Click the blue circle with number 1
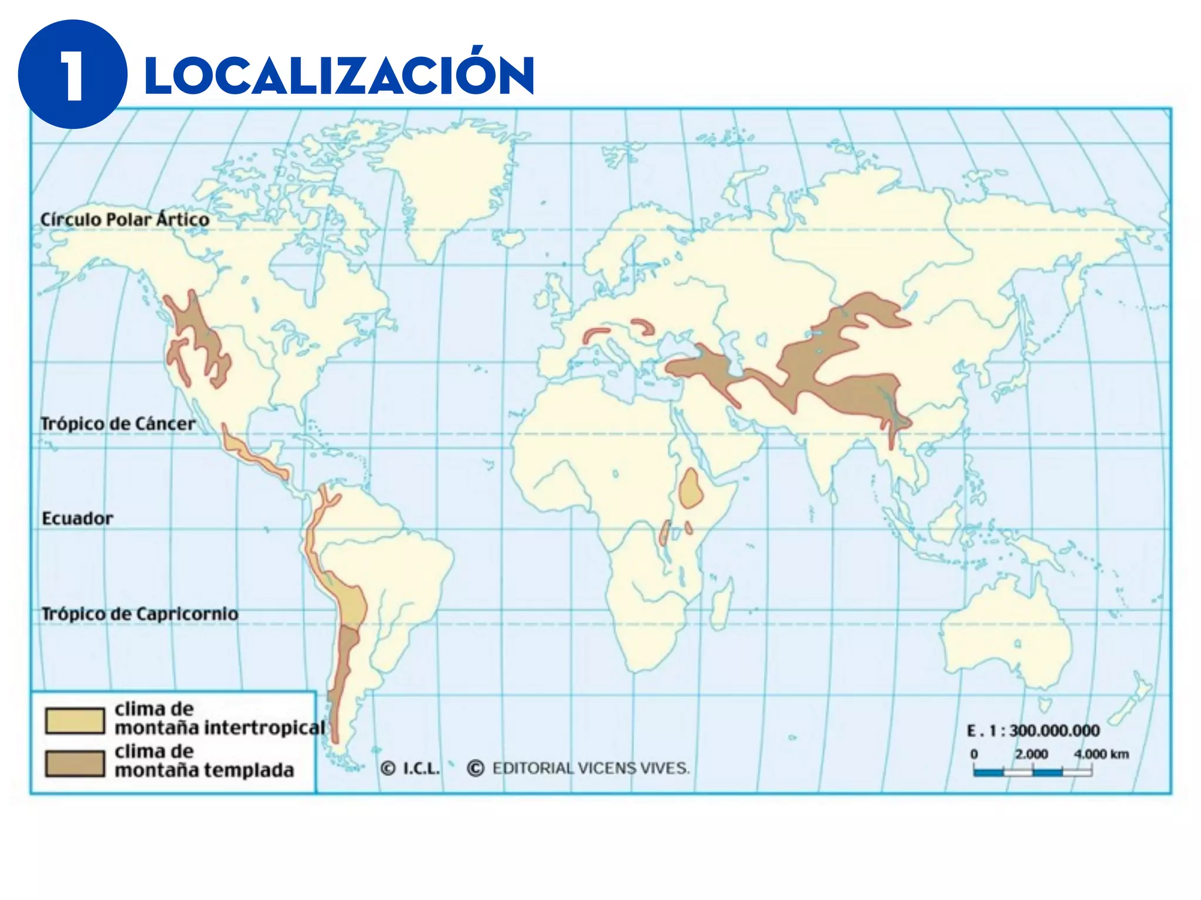coord(72,74)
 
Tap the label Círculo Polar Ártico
coord(124,220)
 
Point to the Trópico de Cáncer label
coord(117,424)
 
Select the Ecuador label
coord(77,519)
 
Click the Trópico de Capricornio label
coord(140,614)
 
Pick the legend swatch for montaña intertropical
coord(74,721)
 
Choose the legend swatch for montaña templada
coord(74,763)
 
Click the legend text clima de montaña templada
coord(203,761)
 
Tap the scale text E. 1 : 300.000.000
coord(1033,731)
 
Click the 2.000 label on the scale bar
coord(1032,754)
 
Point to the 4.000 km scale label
coord(1101,754)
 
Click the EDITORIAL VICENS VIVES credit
coord(591,768)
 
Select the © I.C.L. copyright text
coord(410,768)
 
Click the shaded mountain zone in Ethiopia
coord(691,489)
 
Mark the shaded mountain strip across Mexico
coord(252,455)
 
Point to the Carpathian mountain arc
coord(645,325)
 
